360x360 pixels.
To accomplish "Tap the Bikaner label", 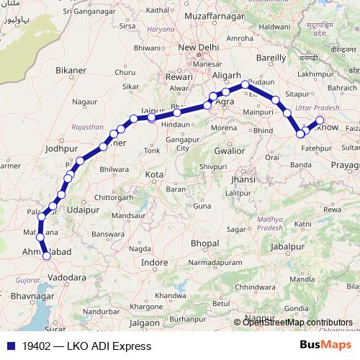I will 71,71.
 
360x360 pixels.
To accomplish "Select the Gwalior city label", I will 230,151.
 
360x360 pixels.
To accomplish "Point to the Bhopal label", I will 204,244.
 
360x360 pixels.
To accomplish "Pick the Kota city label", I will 154,175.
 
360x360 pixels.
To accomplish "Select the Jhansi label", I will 243,179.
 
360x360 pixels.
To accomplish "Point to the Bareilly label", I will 271,57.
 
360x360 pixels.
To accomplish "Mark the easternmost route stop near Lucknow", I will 320,120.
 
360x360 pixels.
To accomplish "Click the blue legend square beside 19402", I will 9,346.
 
